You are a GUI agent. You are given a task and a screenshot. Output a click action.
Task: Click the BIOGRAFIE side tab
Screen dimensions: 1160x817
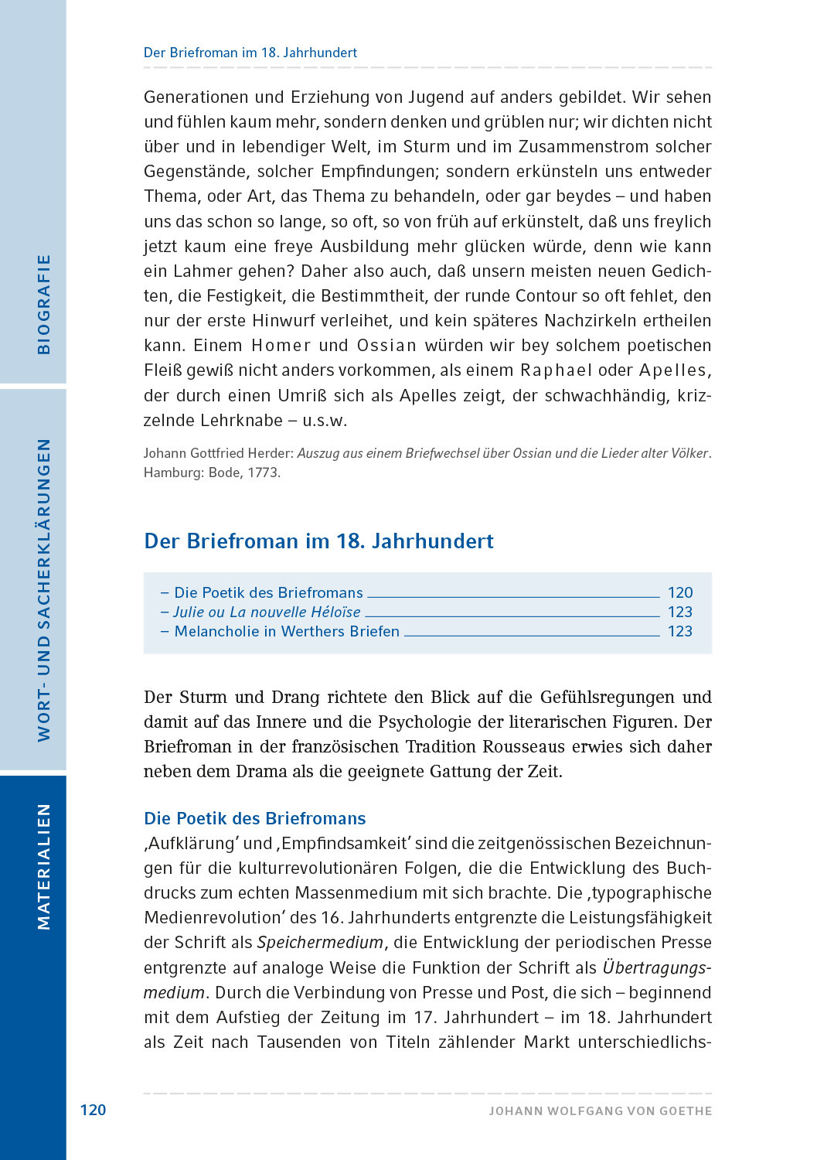pyautogui.click(x=43, y=305)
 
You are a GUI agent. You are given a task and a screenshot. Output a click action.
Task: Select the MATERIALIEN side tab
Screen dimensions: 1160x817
pyautogui.click(x=43, y=866)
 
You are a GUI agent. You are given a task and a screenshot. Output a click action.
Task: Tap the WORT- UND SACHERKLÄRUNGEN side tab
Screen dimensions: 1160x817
pyautogui.click(x=43, y=589)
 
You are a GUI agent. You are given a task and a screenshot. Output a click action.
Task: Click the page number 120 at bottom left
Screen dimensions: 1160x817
pyautogui.click(x=93, y=1110)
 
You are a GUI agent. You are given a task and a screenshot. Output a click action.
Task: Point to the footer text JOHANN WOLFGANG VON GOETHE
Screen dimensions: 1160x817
pyautogui.click(x=600, y=1111)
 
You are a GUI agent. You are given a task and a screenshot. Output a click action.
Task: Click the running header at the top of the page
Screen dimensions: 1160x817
pyautogui.click(x=250, y=53)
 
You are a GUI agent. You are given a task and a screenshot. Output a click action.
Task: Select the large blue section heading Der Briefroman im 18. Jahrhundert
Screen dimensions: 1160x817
pyautogui.click(x=318, y=541)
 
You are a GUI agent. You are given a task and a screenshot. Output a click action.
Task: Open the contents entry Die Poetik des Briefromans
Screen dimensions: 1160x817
pyautogui.click(x=268, y=592)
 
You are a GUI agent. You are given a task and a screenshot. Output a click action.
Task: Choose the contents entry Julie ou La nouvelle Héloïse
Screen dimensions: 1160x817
pyautogui.click(x=267, y=612)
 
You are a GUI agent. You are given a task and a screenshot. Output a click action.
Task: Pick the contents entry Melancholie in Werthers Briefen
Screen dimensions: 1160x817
pyautogui.click(x=287, y=631)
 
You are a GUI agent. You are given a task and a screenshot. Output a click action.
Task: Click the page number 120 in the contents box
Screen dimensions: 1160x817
pyautogui.click(x=680, y=592)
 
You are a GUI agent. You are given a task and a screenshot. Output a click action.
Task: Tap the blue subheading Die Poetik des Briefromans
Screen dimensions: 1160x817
pyautogui.click(x=254, y=818)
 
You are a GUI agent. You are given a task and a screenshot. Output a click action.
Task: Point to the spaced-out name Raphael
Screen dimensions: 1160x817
pyautogui.click(x=556, y=370)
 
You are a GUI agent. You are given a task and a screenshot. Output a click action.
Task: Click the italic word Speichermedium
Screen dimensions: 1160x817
pyautogui.click(x=320, y=943)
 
